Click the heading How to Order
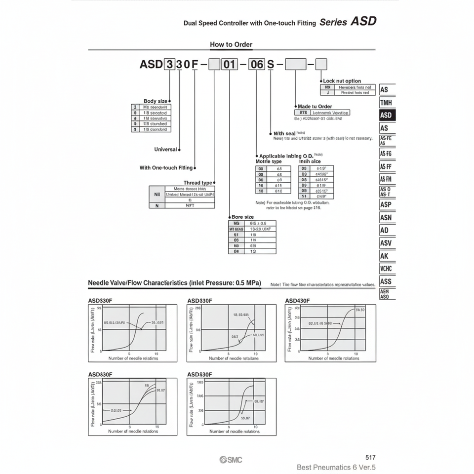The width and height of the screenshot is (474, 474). [231, 44]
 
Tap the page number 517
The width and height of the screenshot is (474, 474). [370, 458]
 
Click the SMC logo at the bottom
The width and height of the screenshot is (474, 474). [231, 460]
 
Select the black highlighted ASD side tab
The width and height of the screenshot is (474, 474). [386, 116]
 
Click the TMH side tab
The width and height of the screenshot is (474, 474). [386, 103]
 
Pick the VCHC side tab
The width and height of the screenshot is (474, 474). [386, 269]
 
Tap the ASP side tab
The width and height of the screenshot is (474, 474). [386, 204]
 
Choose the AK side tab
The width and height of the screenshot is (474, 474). [385, 256]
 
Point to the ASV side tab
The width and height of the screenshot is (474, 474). [386, 243]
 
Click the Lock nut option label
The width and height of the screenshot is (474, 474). [342, 81]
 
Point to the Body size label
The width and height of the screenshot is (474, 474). [156, 101]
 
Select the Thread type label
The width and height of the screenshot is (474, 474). [198, 183]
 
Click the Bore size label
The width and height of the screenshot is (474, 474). [242, 217]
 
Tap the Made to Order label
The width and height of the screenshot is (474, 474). [315, 106]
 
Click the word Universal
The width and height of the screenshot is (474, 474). [165, 149]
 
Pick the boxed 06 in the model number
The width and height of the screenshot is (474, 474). [257, 64]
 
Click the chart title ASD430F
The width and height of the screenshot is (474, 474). [298, 301]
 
